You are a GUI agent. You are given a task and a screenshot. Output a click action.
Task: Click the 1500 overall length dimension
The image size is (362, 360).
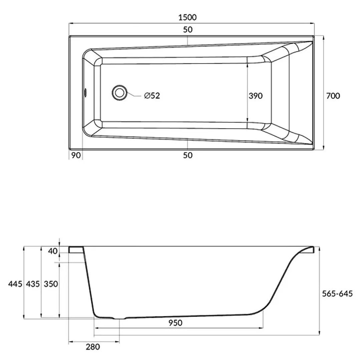pos(188,17)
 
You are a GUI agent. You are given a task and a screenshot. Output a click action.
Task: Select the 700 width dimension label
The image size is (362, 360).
pos(333,96)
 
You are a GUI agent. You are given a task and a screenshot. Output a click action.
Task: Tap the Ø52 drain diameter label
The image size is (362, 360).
pos(152,95)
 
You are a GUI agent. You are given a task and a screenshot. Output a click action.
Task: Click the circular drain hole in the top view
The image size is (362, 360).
pos(119,93)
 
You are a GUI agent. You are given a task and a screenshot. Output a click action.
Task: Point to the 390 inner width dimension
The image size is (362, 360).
pos(256,96)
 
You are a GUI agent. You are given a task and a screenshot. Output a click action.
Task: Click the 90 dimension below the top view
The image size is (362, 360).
pos(76,155)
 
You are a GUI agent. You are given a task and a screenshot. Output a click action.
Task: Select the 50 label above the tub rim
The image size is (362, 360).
pos(188,30)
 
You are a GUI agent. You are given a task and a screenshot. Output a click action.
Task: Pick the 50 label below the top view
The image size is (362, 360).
pos(188,155)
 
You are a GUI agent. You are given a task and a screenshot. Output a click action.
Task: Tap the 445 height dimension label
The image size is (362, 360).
pos(15,284)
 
